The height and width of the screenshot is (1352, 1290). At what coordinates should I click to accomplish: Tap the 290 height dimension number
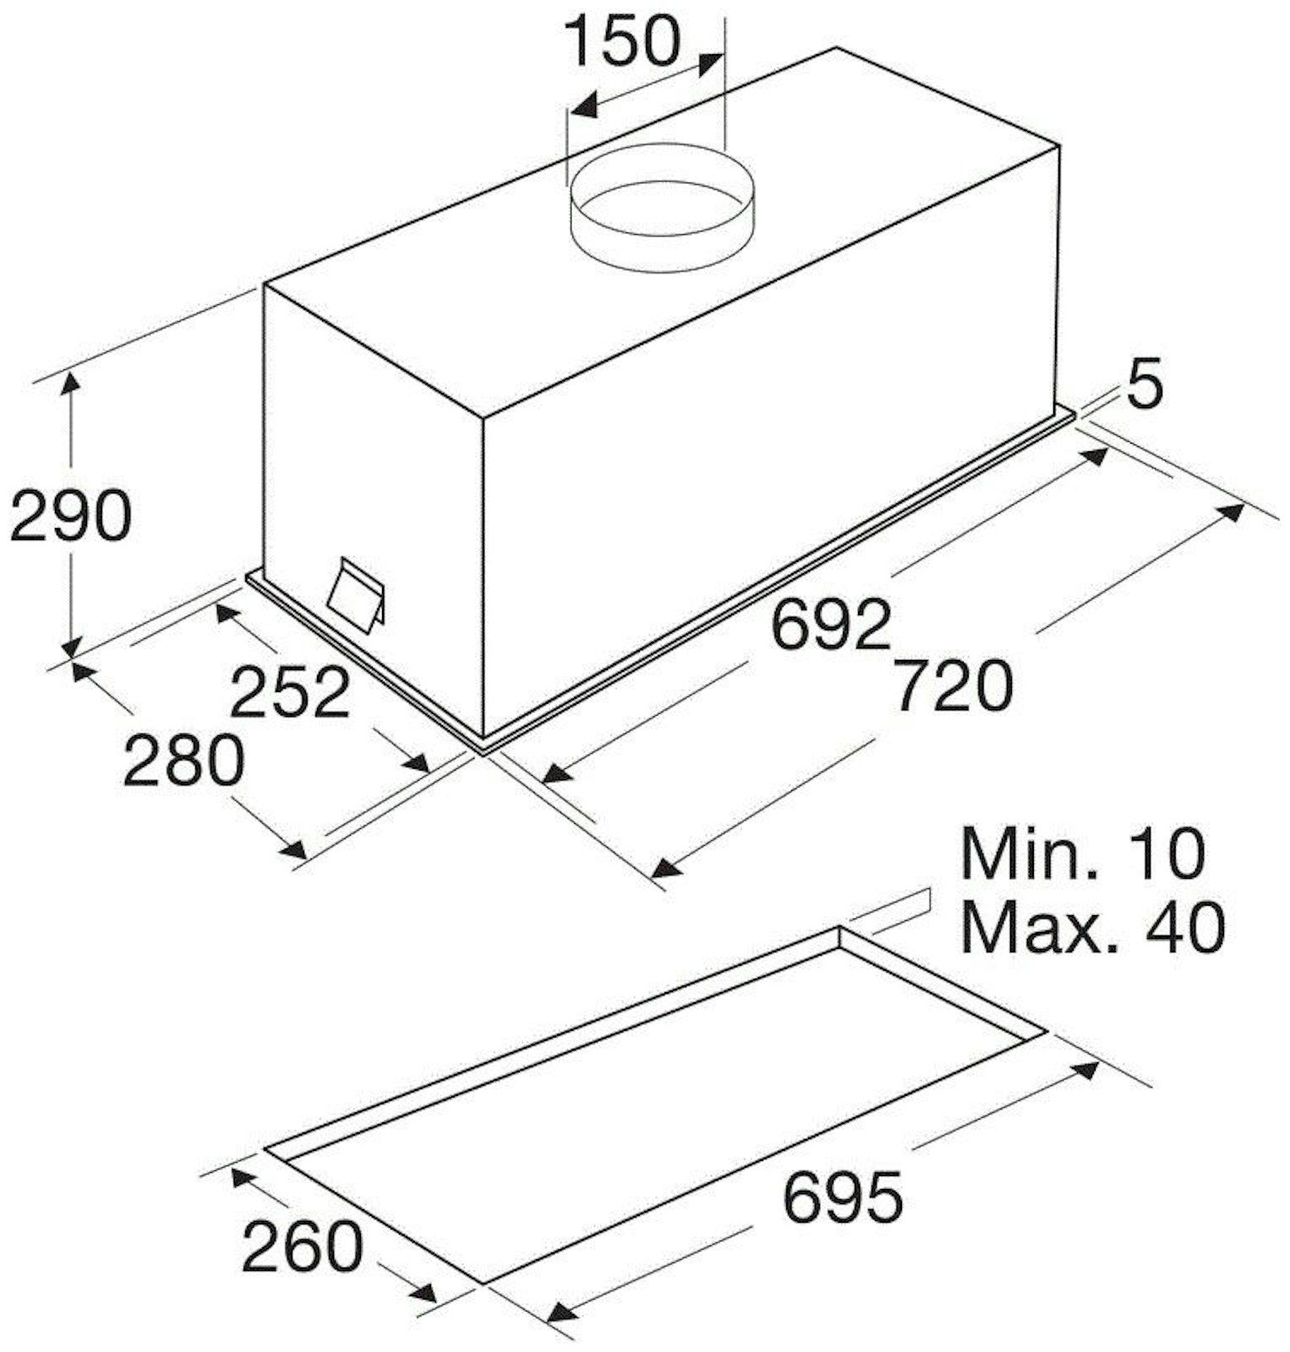70,515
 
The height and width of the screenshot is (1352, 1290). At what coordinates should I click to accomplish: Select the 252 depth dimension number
290,691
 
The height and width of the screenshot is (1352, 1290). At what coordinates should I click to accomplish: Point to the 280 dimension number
183,760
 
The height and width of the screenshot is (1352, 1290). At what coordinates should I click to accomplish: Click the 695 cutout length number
843,1197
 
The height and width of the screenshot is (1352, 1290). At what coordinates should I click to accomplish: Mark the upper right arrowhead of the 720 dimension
1229,512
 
